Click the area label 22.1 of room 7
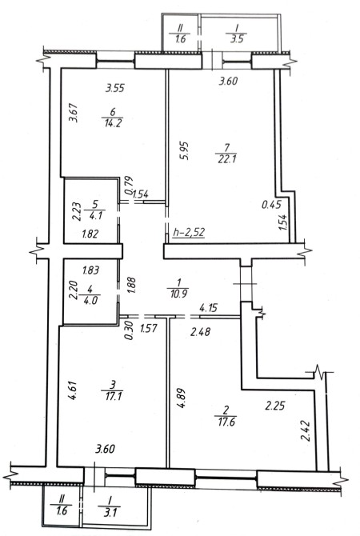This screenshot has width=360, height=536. click(227, 159)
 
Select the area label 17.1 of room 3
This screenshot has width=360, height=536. click(113, 396)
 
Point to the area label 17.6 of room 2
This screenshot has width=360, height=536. click(226, 422)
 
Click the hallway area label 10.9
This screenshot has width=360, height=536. click(178, 293)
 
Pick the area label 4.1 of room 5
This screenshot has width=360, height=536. click(95, 216)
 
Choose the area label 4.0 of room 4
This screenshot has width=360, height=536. click(90, 301)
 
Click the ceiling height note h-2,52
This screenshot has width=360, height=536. click(189, 233)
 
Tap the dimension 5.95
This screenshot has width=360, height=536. click(186, 151)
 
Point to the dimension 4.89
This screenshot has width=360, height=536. click(182, 398)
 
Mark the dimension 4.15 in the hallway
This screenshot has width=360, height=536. click(209, 308)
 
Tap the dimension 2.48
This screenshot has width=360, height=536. click(200, 331)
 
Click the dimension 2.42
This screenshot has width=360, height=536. click(306, 430)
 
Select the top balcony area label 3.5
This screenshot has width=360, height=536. click(237, 38)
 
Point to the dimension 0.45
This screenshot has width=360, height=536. click(271, 205)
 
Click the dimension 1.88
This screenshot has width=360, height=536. click(132, 285)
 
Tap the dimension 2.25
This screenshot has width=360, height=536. click(275, 406)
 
